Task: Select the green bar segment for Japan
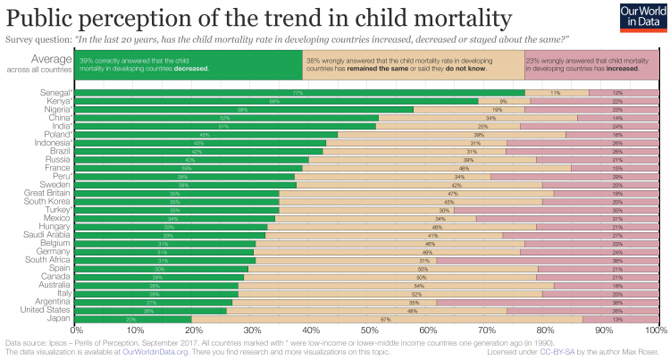point(133,319)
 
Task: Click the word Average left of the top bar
point(50,60)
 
